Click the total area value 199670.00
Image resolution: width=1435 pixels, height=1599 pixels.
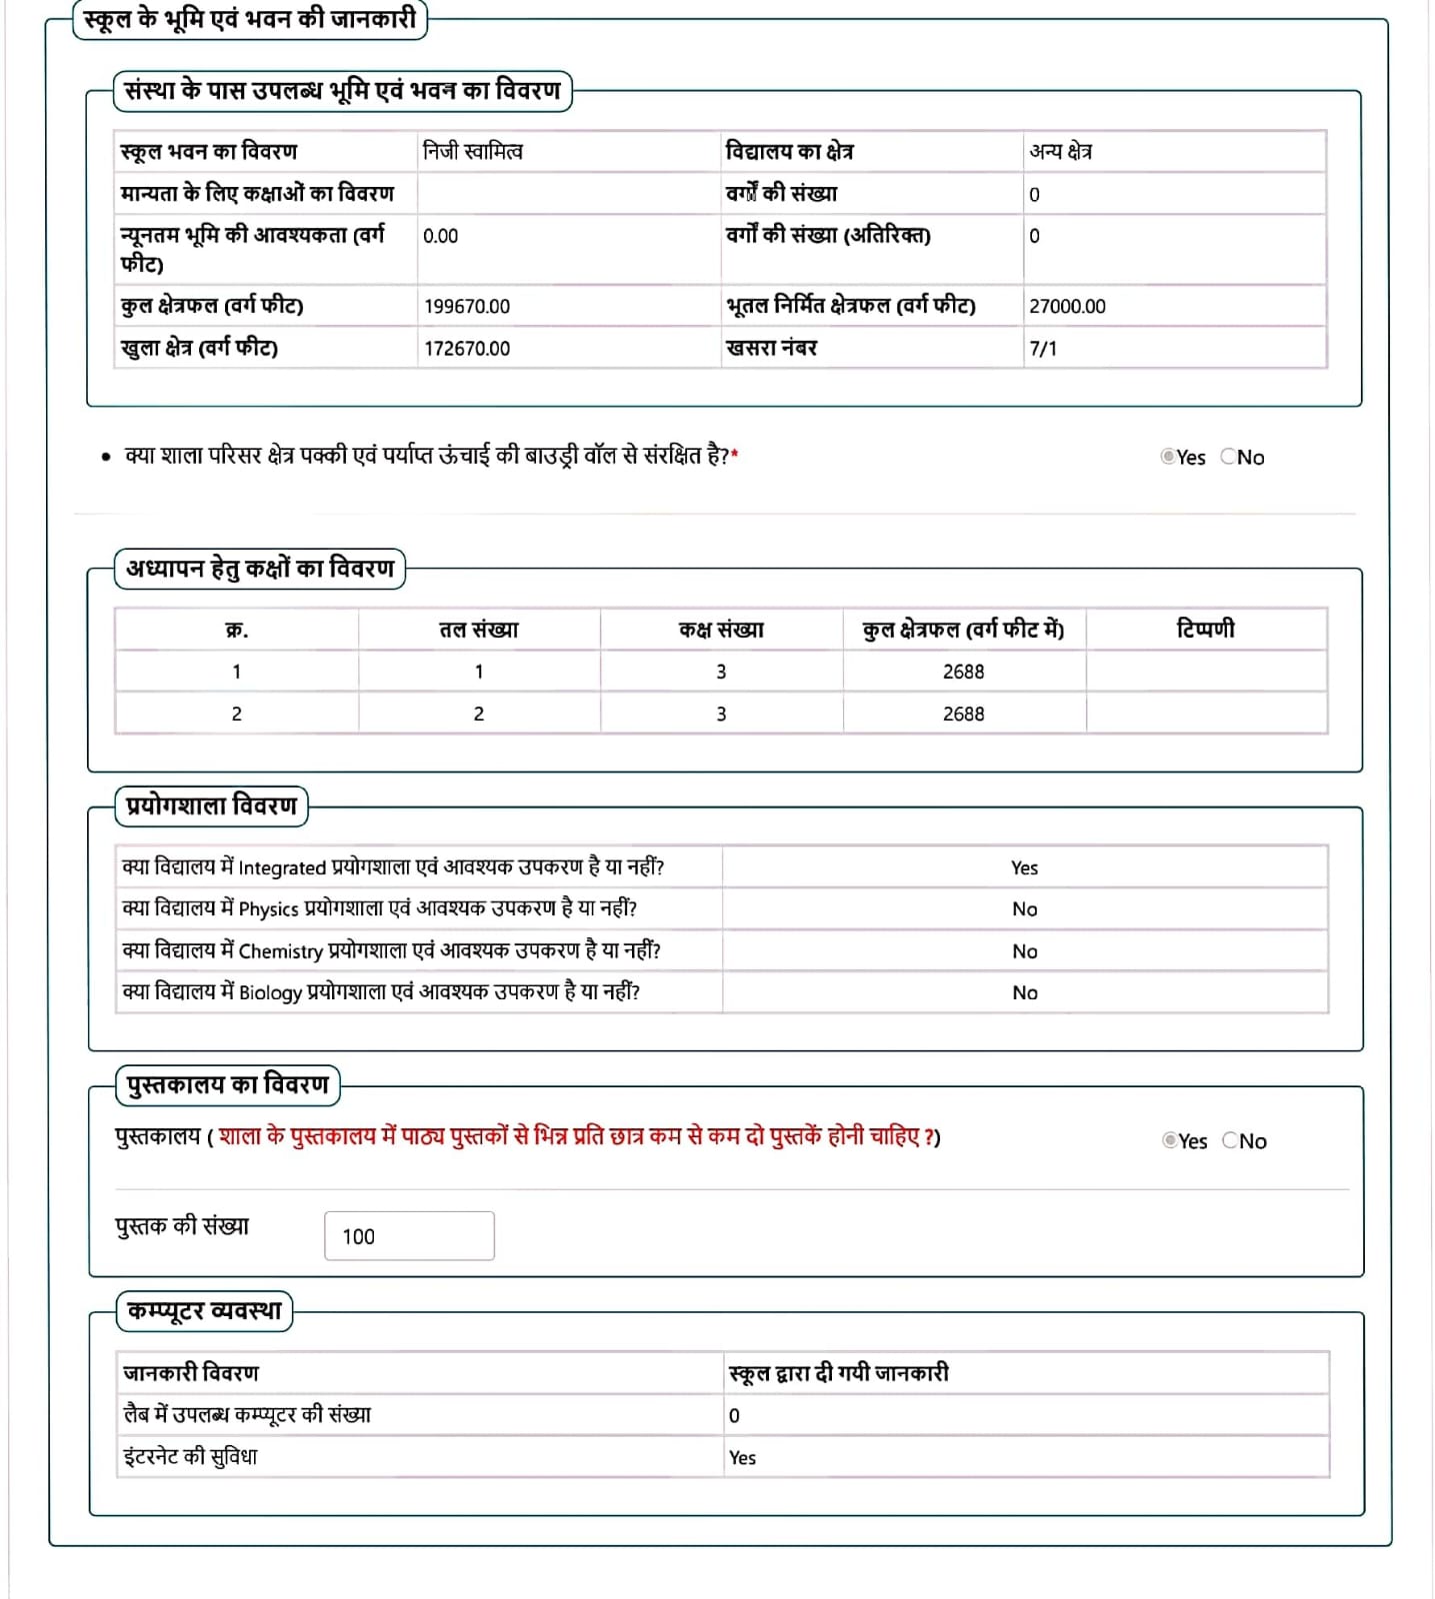pos(467,307)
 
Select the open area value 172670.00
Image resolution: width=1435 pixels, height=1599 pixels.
pos(467,349)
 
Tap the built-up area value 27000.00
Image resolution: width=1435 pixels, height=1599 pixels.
pos(1067,307)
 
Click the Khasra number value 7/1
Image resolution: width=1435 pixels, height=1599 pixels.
pos(1043,349)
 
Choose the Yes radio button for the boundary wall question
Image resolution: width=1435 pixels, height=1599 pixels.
pos(1167,457)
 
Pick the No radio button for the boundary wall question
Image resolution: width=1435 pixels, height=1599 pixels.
pos(1228,457)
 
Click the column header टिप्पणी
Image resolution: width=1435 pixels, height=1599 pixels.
pos(1205,629)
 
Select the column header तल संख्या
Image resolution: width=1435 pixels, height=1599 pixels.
pos(479,630)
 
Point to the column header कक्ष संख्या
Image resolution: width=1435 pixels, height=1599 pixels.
pos(721,630)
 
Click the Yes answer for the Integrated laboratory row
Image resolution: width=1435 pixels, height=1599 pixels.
pos(1024,867)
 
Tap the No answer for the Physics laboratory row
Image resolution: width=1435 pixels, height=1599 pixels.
pos(1024,909)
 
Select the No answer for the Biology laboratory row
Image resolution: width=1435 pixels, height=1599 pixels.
pos(1024,992)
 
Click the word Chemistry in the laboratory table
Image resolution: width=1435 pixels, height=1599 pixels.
pos(281,951)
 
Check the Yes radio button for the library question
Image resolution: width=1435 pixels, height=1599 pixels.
pos(1169,1140)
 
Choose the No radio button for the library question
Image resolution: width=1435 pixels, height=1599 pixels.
pos(1230,1140)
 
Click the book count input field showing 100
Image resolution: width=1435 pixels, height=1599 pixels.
pos(409,1236)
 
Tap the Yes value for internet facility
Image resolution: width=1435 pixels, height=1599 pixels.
pos(742,1458)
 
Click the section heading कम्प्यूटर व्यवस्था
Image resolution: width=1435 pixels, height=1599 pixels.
pos(205,1311)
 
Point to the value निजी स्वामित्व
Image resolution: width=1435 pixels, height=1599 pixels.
pos(473,152)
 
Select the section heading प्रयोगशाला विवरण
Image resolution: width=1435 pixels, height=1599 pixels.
pos(212,805)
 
